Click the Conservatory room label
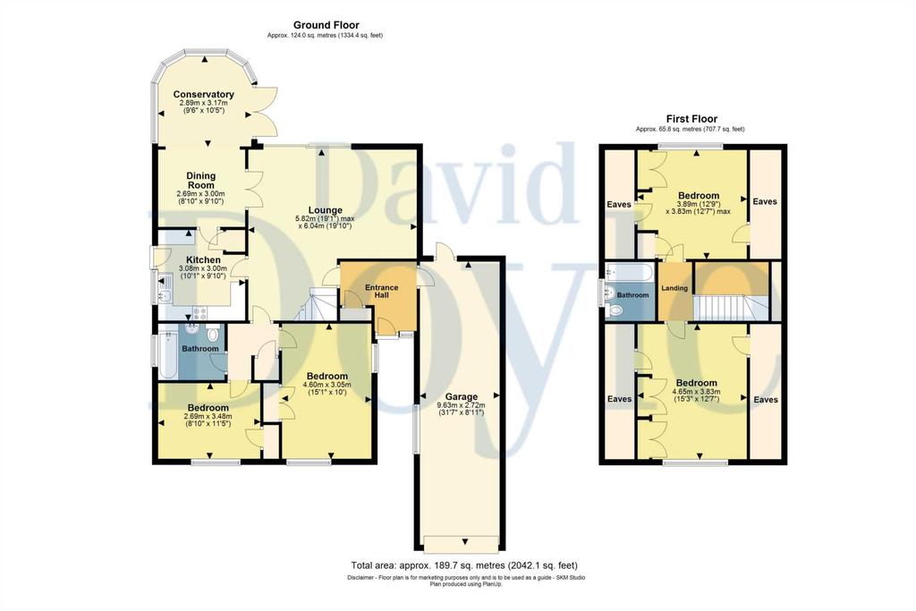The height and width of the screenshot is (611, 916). tap(203, 94)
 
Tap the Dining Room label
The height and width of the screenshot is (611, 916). tap(201, 180)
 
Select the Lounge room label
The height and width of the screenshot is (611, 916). tap(326, 210)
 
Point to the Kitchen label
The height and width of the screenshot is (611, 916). tap(203, 260)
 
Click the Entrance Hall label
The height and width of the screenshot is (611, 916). tap(381, 291)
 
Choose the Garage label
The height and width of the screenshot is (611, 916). tap(461, 396)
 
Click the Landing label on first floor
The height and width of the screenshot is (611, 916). tap(674, 288)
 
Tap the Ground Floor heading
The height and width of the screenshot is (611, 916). tap(326, 25)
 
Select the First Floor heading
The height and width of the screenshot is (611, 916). tap(691, 119)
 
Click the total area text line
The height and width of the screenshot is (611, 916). tap(464, 565)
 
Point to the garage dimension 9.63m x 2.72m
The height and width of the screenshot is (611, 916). tap(461, 405)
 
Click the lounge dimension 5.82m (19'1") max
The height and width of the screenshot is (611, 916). tap(324, 218)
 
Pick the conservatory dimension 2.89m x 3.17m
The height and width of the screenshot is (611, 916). tap(203, 103)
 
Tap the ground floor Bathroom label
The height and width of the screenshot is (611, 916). tap(199, 349)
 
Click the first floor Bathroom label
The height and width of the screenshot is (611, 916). tap(632, 295)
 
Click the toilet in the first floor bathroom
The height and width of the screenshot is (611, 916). tap(614, 310)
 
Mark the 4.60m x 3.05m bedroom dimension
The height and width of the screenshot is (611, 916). tap(327, 385)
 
